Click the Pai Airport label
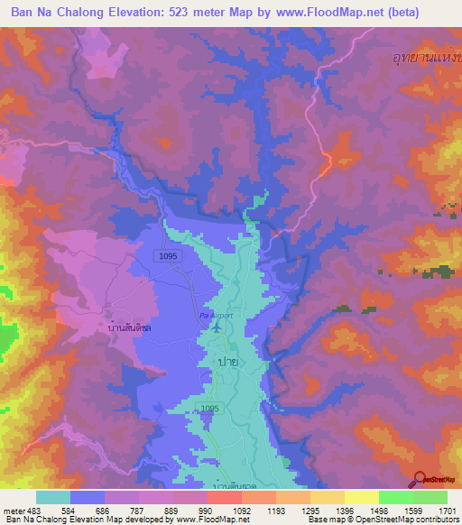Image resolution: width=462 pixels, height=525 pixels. tap(217, 316)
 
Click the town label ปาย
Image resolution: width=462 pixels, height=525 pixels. tap(227, 360)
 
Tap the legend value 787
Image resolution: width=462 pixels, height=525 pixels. tap(139, 510)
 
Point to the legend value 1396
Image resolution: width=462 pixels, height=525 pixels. tap(345, 510)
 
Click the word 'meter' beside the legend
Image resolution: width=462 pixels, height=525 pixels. tap(13, 510)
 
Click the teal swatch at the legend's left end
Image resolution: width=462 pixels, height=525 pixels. tap(53, 497)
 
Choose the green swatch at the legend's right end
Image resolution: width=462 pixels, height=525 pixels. tap(430, 497)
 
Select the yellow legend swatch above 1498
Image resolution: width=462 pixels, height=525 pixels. tap(362, 497)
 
